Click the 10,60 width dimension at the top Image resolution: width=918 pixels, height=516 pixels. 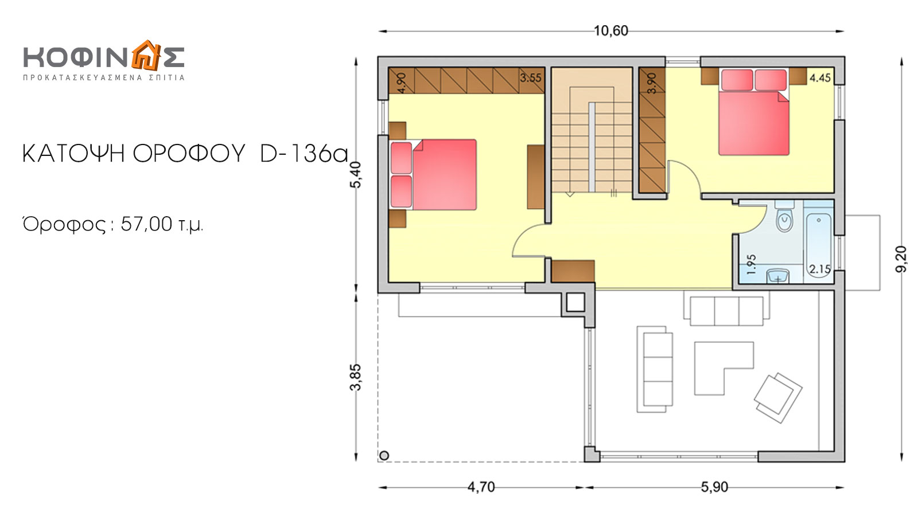[610, 31]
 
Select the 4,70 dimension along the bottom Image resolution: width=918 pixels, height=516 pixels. [481, 487]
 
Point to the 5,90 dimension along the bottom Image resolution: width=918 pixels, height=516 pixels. [714, 487]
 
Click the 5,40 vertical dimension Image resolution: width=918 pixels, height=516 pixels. [356, 175]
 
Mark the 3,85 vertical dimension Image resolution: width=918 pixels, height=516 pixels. [356, 377]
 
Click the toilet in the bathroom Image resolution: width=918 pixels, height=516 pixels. [784, 217]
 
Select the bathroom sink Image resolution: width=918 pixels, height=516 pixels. [777, 276]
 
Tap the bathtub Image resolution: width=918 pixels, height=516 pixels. [818, 244]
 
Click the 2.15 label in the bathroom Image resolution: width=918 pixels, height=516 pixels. [820, 269]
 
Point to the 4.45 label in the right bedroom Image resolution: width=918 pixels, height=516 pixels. [820, 78]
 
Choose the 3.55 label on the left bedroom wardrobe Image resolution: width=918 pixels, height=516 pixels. [531, 78]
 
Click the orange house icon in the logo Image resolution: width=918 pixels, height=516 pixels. [146, 55]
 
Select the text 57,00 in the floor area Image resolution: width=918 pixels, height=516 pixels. [146, 224]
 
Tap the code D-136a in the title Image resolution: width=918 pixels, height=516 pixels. [304, 154]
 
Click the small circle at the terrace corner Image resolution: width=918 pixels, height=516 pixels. [384, 455]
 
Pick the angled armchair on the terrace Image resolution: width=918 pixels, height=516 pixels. [778, 398]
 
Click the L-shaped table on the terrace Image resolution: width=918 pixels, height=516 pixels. [723, 368]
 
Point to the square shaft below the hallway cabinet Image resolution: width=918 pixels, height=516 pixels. [575, 303]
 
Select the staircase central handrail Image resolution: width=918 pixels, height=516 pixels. [592, 147]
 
